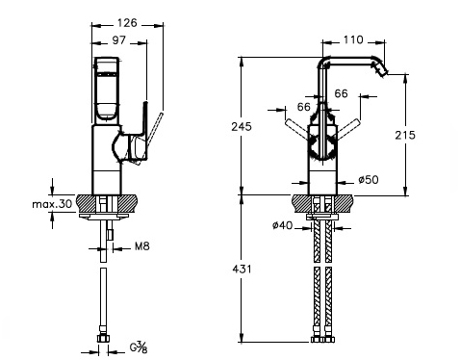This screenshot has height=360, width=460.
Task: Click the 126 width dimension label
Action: pyautogui.click(x=127, y=23)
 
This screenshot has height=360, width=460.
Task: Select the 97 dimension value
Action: pyautogui.click(x=119, y=40)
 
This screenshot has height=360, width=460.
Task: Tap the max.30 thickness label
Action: pyautogui.click(x=52, y=203)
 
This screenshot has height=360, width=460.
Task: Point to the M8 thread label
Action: pyautogui.click(x=142, y=246)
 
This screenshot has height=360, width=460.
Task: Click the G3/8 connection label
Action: pyautogui.click(x=139, y=347)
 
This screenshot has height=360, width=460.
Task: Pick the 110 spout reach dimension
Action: pyautogui.click(x=353, y=39)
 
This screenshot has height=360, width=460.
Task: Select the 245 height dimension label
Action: pyautogui.click(x=242, y=127)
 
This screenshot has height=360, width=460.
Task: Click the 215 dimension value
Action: pyautogui.click(x=405, y=135)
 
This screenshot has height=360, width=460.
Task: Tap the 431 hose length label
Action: pyautogui.click(x=242, y=269)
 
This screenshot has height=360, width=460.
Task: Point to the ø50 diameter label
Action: pyautogui.click(x=369, y=180)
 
